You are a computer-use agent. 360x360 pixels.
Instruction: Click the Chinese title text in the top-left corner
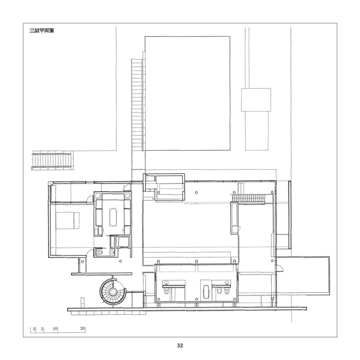coord(42,31)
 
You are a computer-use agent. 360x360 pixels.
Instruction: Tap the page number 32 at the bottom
coord(180,345)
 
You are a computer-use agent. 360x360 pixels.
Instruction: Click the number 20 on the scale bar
coord(83,328)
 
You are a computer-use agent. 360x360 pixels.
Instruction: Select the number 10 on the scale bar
coord(55,328)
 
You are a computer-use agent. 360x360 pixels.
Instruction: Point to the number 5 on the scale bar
coord(42,328)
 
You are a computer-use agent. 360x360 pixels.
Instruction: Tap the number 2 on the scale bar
coord(34,328)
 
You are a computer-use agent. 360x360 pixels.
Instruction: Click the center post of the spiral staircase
coord(113,291)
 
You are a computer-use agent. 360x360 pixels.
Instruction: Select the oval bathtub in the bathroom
coord(113,217)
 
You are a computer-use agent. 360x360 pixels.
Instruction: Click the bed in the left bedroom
coord(68,220)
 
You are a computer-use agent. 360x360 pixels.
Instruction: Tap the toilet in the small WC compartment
coord(99,252)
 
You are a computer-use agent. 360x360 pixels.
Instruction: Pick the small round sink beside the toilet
coord(112,252)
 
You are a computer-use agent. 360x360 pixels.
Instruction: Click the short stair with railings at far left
coord(52,160)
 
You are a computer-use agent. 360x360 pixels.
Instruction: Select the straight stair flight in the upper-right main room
coord(249,199)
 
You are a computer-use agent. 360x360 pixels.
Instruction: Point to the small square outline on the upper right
coord(256,100)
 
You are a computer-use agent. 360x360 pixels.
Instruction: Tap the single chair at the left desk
coord(167,291)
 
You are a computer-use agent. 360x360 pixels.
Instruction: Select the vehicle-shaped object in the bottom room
coord(206,291)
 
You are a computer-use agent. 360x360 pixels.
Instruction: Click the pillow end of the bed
coord(76,220)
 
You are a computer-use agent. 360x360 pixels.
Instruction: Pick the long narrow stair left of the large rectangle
coord(138,105)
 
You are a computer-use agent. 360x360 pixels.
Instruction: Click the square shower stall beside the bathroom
coord(123,242)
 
